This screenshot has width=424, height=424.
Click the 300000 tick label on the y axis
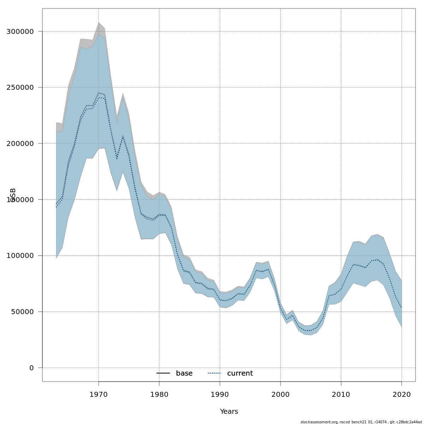[x=20, y=31]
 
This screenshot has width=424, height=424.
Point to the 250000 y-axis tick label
[x=20, y=87]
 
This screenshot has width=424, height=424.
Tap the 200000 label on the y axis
[x=20, y=143]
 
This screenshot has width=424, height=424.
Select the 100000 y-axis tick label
[x=20, y=255]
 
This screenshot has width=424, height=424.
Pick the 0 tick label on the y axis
[x=31, y=368]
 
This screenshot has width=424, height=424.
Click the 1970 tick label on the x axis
[x=99, y=394]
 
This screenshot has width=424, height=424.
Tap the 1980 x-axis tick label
[x=159, y=394]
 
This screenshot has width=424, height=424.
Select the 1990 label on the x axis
[x=220, y=394]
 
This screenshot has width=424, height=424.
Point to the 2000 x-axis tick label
[x=281, y=394]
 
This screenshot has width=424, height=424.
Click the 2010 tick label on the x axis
[x=341, y=394]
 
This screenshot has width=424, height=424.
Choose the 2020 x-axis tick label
[x=402, y=394]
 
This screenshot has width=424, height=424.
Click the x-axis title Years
[x=229, y=412]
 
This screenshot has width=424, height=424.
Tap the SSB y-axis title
[x=13, y=195]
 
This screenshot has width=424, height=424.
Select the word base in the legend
[x=184, y=373]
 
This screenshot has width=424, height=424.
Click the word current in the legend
[x=240, y=373]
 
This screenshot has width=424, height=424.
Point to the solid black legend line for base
[x=163, y=373]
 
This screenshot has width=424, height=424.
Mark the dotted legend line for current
[x=214, y=373]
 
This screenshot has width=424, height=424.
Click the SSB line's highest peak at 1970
[x=99, y=93]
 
